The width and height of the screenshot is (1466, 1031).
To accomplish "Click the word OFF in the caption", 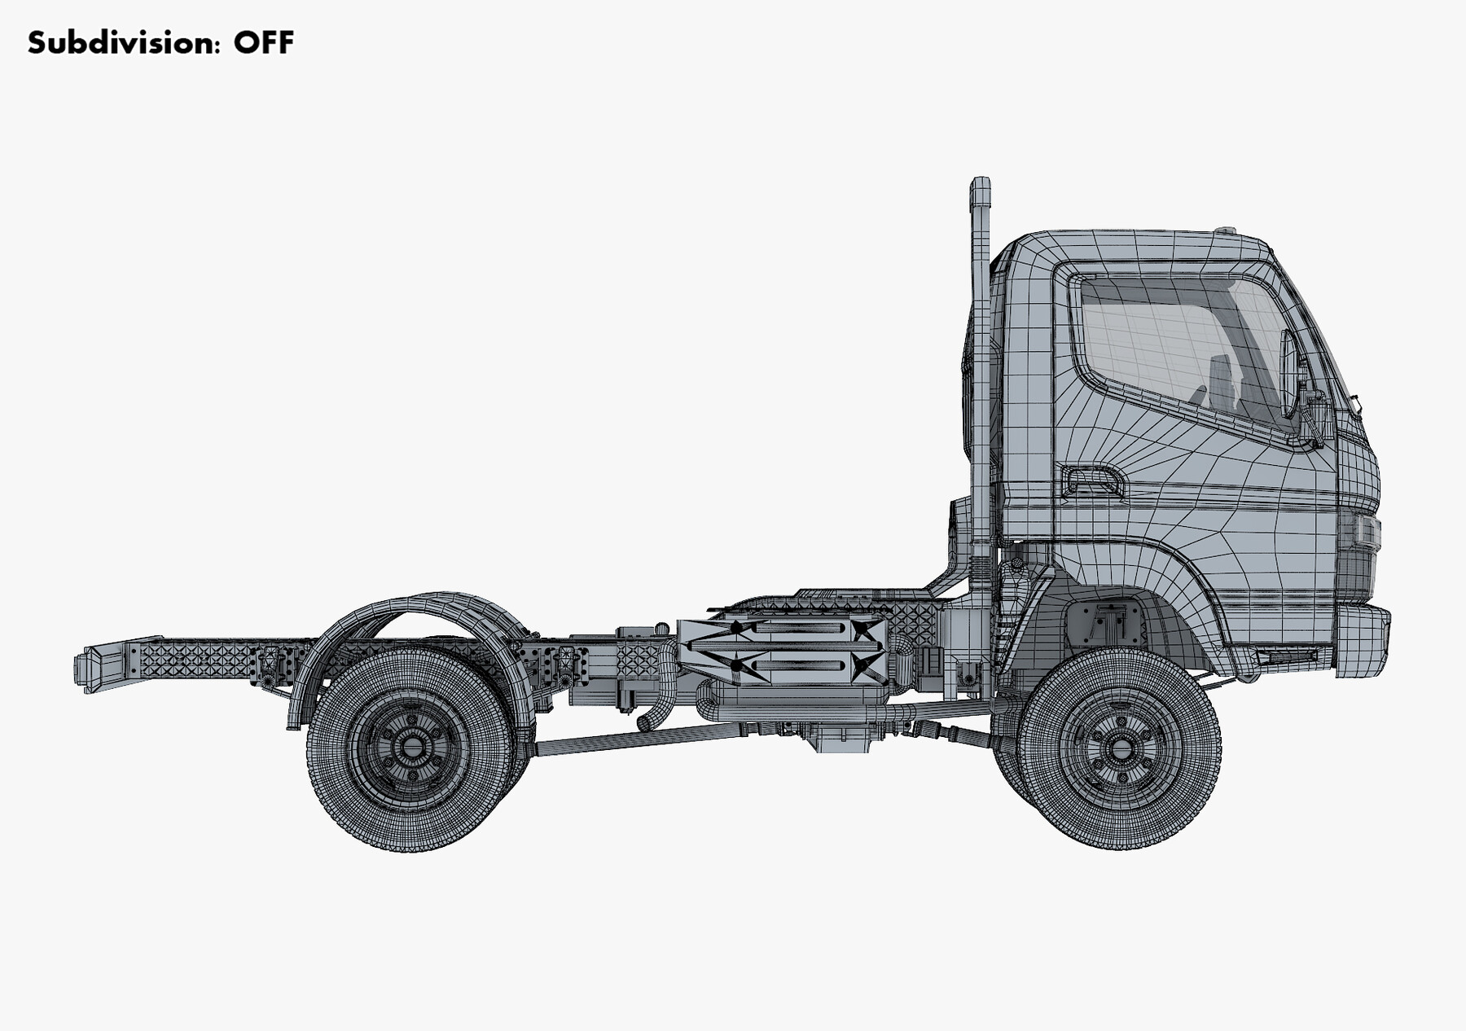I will tap(263, 42).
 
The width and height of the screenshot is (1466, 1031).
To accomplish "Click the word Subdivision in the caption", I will tap(123, 42).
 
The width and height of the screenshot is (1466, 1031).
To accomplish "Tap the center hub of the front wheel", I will tap(1121, 747).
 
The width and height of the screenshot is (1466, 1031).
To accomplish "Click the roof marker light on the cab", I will tap(1224, 230).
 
